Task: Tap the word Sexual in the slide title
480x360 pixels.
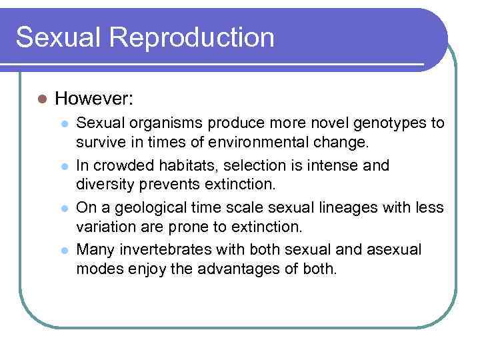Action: [x=57, y=37]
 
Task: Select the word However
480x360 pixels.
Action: [x=94, y=99]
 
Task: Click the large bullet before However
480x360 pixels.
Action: [x=41, y=99]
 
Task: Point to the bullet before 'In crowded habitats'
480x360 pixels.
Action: [x=65, y=166]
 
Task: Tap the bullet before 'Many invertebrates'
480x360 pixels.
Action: [x=65, y=250]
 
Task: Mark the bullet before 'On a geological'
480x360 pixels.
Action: [x=65, y=208]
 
